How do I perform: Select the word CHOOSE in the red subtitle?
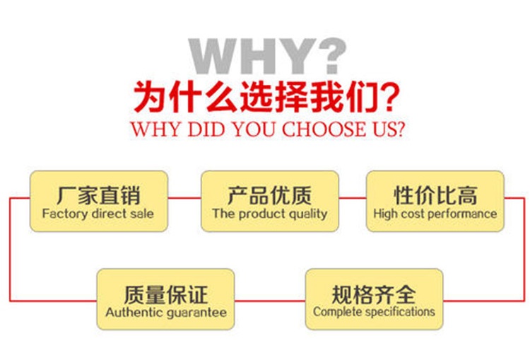tap(324, 129)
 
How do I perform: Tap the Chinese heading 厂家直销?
tap(98, 195)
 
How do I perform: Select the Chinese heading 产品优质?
tap(269, 195)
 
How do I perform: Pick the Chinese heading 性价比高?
tap(436, 195)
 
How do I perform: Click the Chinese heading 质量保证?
tap(165, 294)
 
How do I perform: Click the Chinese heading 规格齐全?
tap(374, 294)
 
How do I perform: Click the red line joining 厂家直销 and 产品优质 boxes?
tap(184, 198)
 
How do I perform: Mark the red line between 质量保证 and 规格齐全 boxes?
tap(270, 301)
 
